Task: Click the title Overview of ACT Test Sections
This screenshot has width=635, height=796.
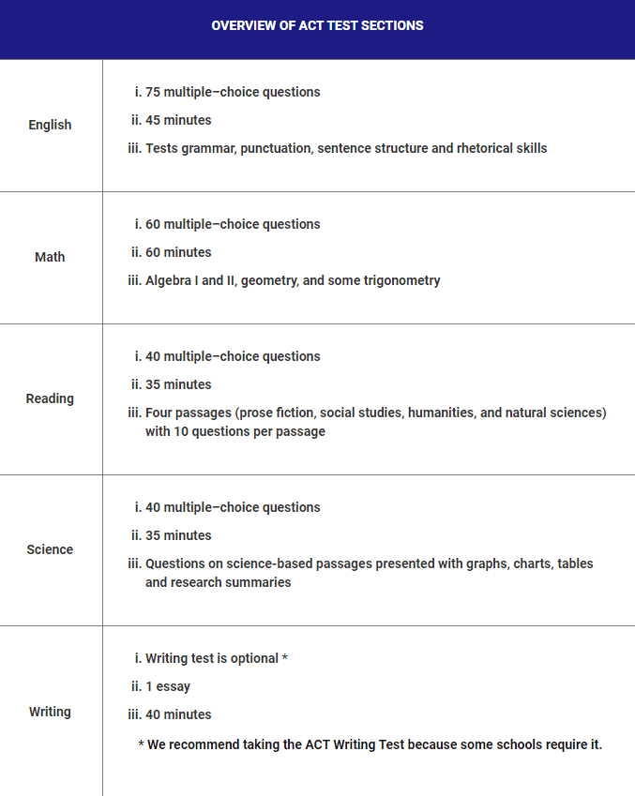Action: click(317, 25)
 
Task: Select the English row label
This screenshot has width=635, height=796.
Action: click(50, 125)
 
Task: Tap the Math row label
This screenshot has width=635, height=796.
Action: click(50, 257)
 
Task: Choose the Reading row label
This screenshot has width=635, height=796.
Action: click(50, 398)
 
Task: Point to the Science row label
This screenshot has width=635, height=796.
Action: click(50, 549)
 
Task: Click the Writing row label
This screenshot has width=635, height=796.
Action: click(50, 712)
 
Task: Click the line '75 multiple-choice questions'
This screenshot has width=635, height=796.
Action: click(233, 92)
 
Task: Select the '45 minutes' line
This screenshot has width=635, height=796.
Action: click(178, 120)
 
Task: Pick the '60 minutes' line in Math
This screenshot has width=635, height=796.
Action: click(178, 252)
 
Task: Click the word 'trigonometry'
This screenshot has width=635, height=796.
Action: click(402, 280)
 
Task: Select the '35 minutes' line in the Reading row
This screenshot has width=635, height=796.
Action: click(178, 384)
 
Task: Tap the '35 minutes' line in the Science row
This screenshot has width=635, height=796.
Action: click(178, 535)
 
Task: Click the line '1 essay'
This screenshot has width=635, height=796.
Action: click(168, 686)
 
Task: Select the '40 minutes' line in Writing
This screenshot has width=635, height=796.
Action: click(178, 714)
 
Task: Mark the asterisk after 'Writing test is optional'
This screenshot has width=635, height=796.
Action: click(284, 658)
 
